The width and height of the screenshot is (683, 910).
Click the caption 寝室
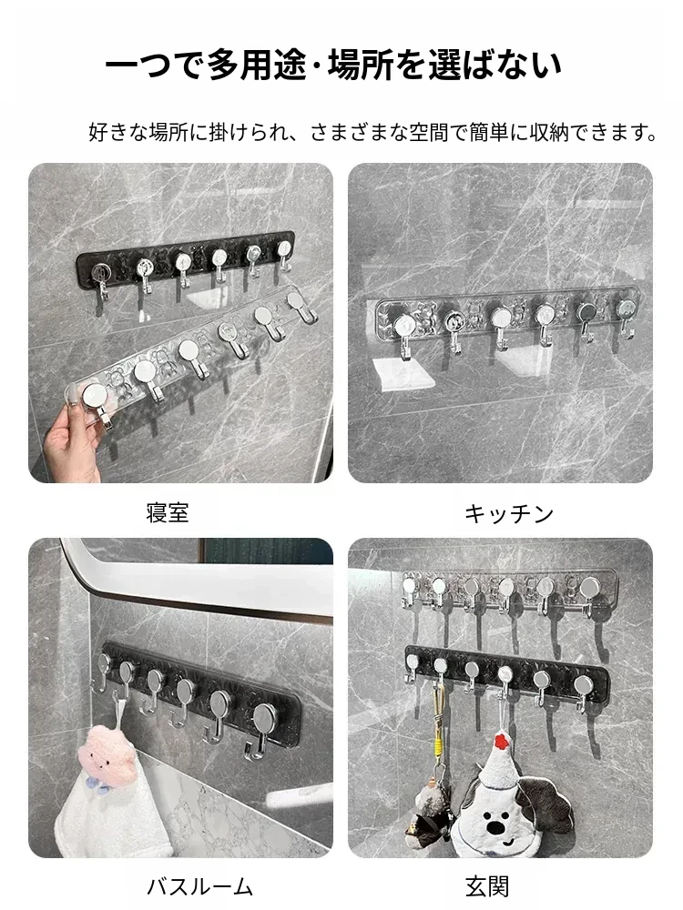coord(168,513)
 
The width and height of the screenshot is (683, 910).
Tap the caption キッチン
coord(509,513)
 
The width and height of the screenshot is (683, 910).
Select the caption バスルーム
coord(199,886)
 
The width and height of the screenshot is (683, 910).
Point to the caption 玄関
coord(487,886)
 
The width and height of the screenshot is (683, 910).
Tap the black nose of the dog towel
coord(494,826)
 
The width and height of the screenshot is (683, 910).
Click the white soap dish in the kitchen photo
coord(404,372)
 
